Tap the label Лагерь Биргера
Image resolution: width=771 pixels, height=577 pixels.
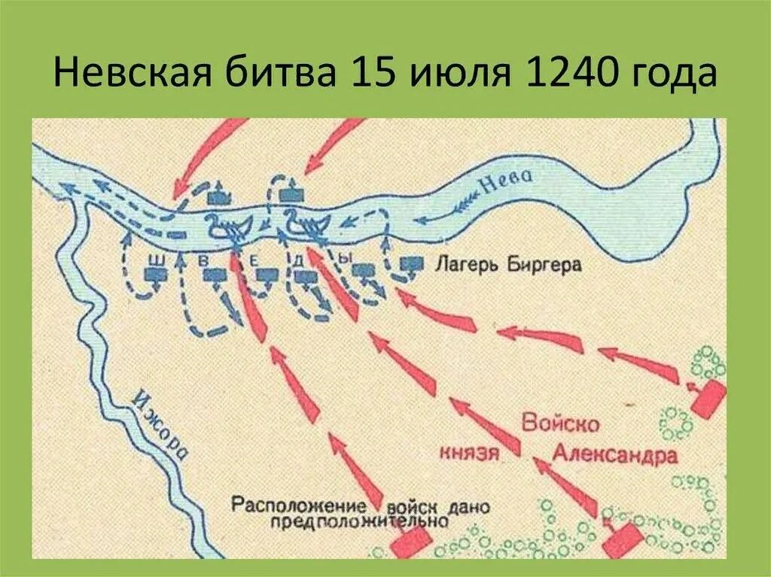496,265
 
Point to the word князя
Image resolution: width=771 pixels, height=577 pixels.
469,452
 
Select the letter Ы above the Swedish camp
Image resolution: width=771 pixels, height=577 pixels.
344,258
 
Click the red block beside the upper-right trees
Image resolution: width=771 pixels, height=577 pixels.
708,398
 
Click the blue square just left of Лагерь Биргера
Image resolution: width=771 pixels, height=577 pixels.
410,265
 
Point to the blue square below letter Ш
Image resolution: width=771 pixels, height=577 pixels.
156,275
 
